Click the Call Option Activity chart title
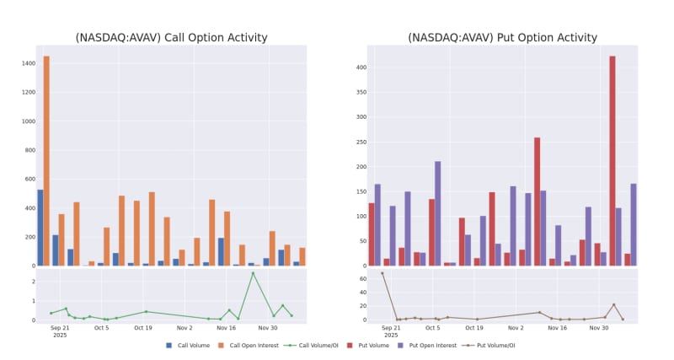click(171, 38)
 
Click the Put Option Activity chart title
click(502, 38)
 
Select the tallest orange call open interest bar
click(46, 160)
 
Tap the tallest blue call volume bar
click(40, 228)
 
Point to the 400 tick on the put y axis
click(360, 67)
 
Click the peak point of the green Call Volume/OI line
click(252, 272)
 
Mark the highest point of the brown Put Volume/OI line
click(382, 273)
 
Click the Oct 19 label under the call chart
click(143, 328)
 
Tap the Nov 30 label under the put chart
click(599, 328)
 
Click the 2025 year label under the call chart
click(60, 336)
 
